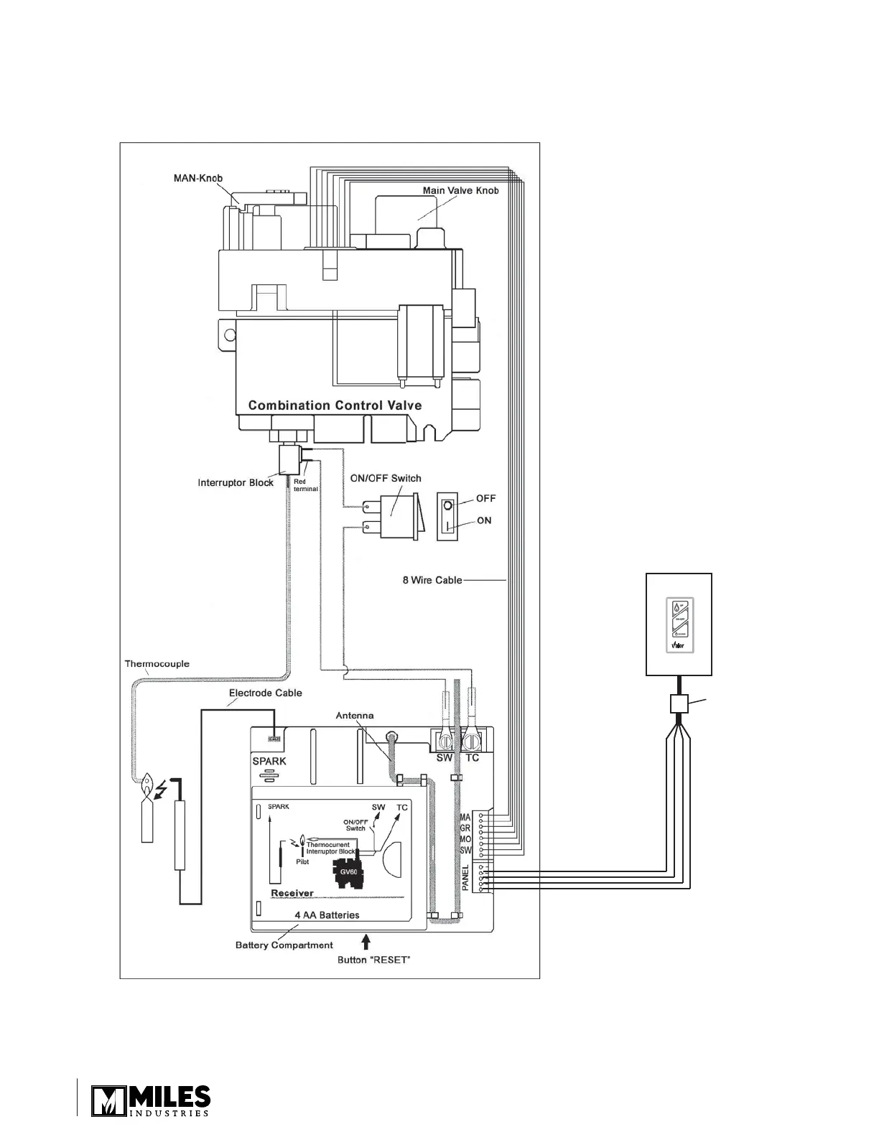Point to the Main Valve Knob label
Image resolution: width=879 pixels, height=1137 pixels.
point(460,190)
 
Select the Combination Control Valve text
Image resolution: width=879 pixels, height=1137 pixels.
point(335,406)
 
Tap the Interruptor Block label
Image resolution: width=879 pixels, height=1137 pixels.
point(236,482)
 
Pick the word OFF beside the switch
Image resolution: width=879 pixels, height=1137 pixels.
point(486,498)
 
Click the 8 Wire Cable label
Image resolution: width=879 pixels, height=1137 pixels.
point(432,580)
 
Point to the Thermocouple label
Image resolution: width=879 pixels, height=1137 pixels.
point(157,663)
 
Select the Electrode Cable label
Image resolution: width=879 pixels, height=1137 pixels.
point(265,693)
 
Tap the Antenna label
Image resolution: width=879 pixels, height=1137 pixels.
point(355,716)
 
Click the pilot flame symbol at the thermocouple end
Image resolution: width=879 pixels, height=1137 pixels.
point(147,787)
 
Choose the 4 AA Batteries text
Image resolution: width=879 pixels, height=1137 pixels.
point(327,915)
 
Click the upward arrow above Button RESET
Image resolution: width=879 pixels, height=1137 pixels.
point(367,939)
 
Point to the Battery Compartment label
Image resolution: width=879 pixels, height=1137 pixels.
point(284,945)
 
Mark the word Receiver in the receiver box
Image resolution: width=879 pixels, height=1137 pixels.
point(292,893)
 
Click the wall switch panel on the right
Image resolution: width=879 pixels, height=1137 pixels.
point(679,624)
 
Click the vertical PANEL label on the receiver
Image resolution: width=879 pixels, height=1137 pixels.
point(465,877)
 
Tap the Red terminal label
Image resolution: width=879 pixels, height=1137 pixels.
point(306,485)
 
